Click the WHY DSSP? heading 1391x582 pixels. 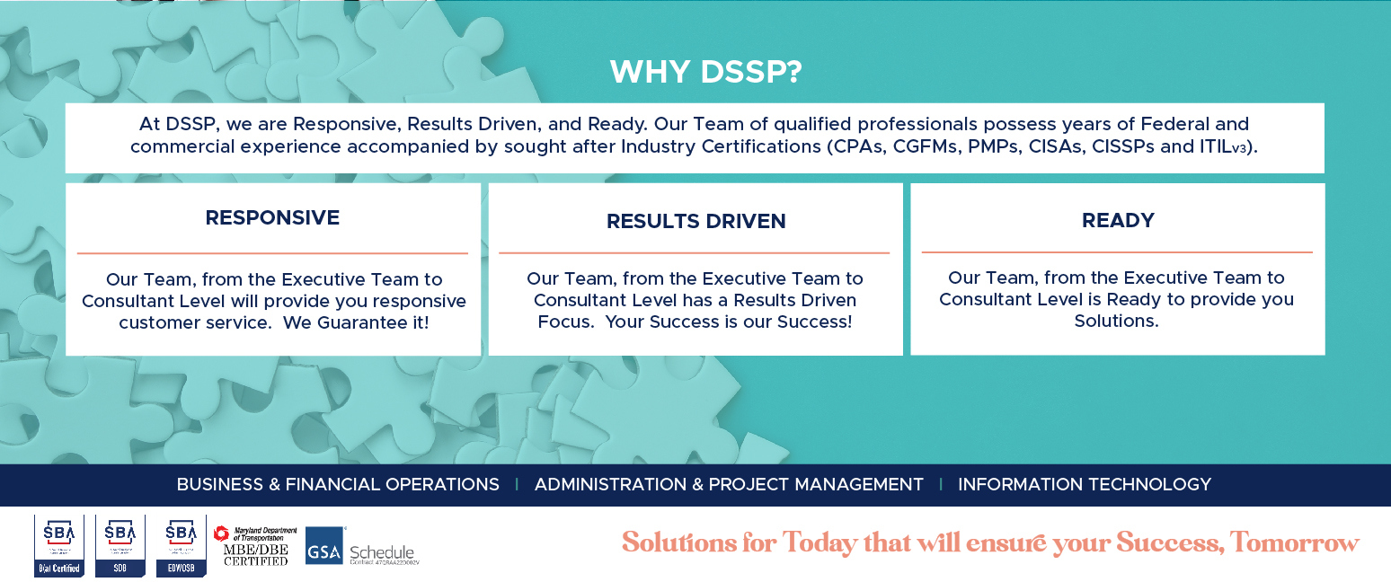pos(705,72)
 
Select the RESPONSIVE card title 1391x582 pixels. pos(272,217)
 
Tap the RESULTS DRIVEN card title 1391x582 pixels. pos(695,221)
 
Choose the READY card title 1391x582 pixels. pos(1118,220)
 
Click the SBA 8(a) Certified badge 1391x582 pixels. pos(59,545)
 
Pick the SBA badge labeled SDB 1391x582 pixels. pos(120,545)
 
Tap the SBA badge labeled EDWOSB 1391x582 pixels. pos(181,545)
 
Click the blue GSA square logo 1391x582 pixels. pos(324,545)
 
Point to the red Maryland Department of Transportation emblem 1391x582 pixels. pos(222,533)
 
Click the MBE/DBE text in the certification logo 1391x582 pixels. pos(255,549)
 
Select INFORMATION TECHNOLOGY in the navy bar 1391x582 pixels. pos(1085,484)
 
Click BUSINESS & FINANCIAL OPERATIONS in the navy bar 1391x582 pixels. pos(338,484)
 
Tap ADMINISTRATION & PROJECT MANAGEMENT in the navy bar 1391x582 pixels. pos(729,484)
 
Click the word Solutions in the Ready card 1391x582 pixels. pos(1116,321)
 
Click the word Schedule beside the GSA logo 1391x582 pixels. pos(382,551)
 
